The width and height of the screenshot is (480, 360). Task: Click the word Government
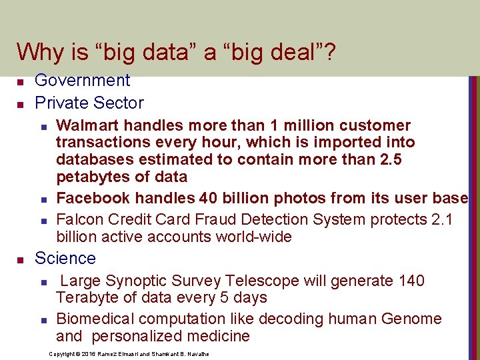[82, 81]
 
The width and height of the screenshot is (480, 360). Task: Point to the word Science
[65, 259]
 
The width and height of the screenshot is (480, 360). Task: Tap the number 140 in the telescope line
[411, 281]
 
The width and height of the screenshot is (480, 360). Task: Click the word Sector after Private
[119, 103]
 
